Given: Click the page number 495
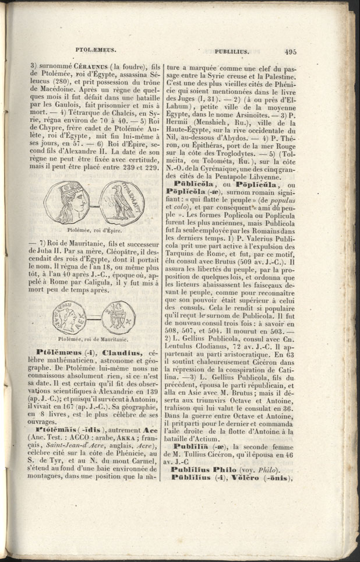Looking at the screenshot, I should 291,51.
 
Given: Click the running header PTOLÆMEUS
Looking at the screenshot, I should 97,51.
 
